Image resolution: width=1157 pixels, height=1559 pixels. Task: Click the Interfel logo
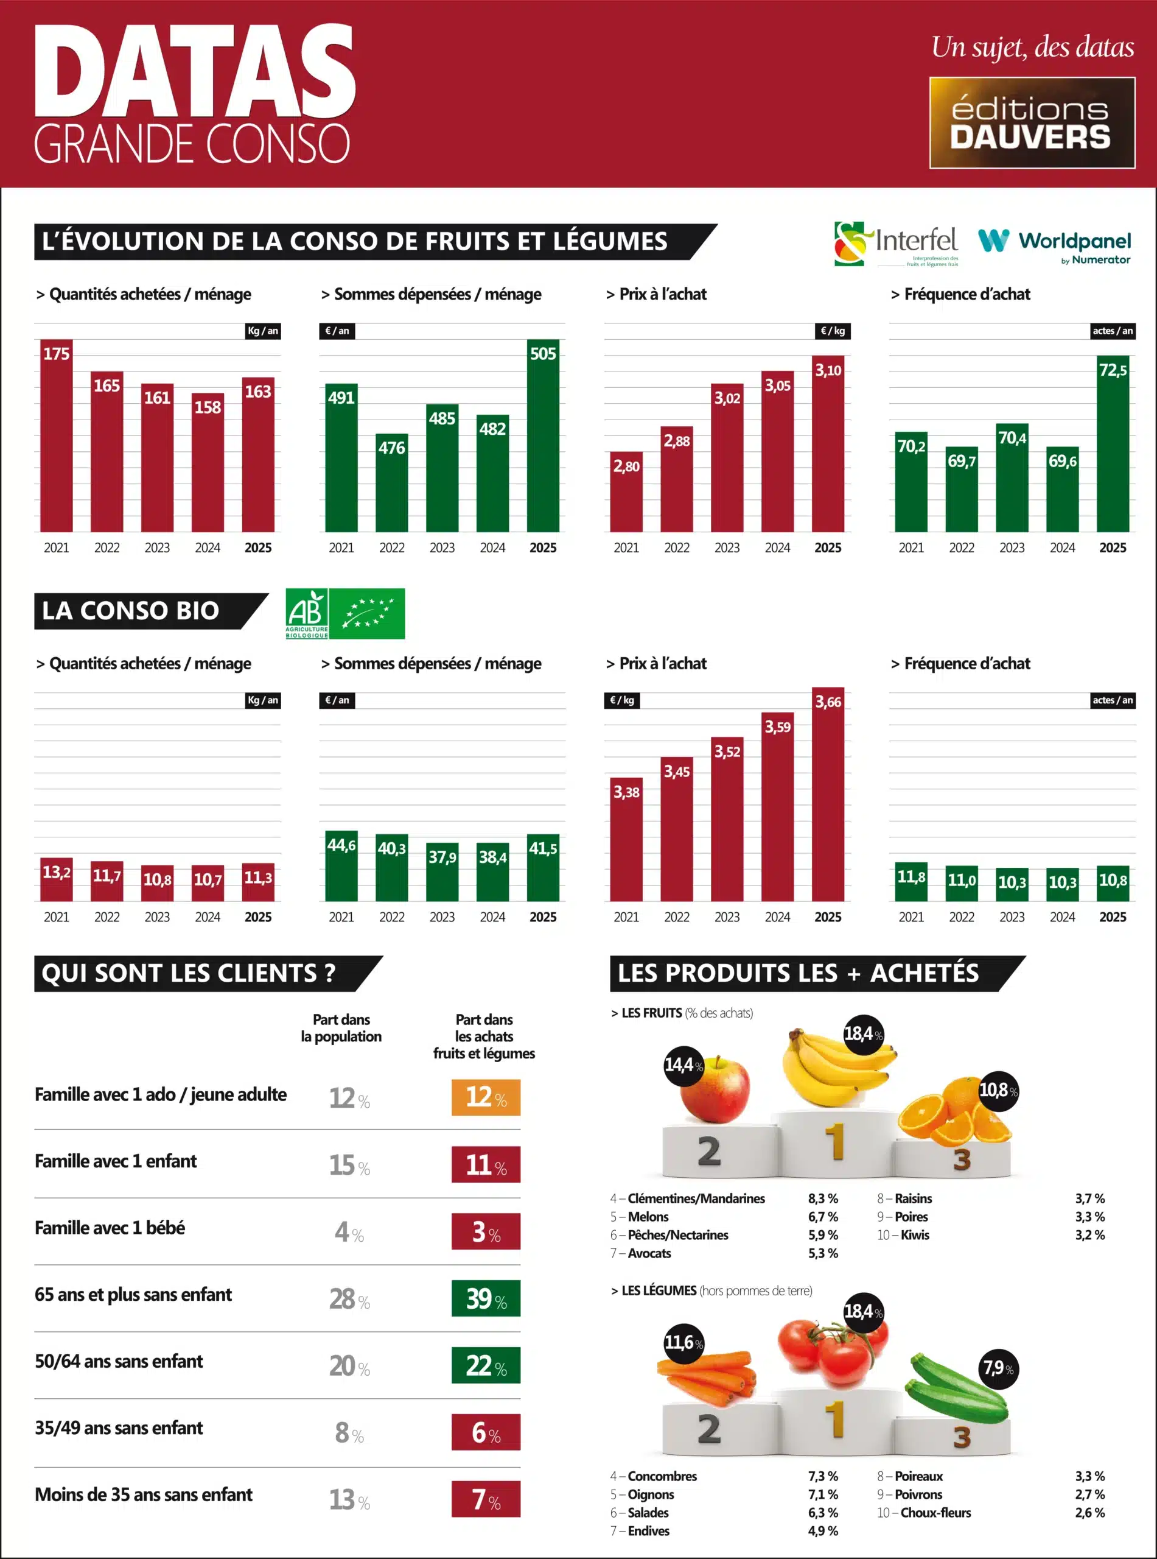click(896, 243)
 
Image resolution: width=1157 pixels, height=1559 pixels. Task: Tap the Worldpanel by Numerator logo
click(1054, 245)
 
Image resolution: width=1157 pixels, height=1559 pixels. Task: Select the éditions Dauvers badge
click(1032, 122)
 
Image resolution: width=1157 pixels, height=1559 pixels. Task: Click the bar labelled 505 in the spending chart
click(543, 436)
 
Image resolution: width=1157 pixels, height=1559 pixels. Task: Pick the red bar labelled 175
click(57, 436)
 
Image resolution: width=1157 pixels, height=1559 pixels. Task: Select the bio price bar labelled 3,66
click(828, 795)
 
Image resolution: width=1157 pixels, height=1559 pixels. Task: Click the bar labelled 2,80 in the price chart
click(626, 492)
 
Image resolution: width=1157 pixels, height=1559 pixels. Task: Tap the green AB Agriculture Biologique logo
click(345, 614)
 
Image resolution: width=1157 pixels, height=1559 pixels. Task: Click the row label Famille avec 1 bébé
click(110, 1228)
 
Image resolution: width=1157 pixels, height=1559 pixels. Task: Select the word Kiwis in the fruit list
click(915, 1234)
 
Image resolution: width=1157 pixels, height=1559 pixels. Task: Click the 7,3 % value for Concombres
click(823, 1476)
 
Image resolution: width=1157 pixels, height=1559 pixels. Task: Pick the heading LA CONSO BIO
click(131, 610)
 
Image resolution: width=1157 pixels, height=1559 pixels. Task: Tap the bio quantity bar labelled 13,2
click(57, 880)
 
